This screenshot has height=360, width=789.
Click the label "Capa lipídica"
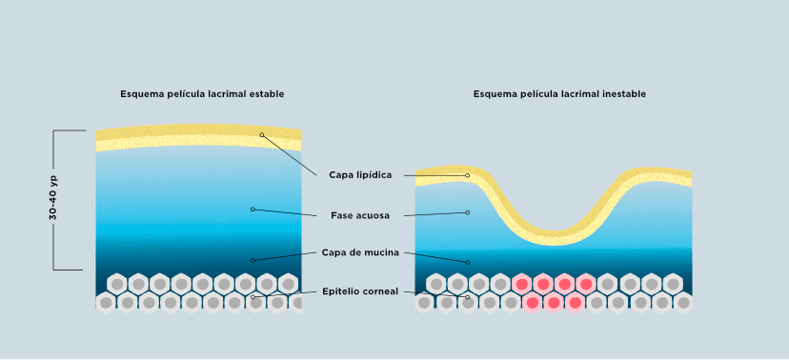pyautogui.click(x=360, y=175)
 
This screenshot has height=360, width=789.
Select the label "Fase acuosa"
pyautogui.click(x=360, y=215)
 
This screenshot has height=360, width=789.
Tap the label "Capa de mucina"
pyautogui.click(x=360, y=252)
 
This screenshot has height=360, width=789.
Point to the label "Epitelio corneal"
pyautogui.click(x=360, y=291)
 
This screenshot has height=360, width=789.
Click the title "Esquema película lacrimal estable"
pyautogui.click(x=202, y=94)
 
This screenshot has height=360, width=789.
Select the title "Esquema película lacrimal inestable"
pyautogui.click(x=559, y=94)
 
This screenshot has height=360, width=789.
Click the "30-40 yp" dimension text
pyautogui.click(x=53, y=197)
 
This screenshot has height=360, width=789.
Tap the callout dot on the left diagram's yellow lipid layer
pyautogui.click(x=262, y=134)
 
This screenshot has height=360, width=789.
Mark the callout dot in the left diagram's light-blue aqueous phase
pyautogui.click(x=253, y=210)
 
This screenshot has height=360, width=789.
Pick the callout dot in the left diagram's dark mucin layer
pyautogui.click(x=253, y=260)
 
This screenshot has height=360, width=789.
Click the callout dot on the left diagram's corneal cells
pyautogui.click(x=253, y=297)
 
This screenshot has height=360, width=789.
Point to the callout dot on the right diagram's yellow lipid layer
pyautogui.click(x=468, y=175)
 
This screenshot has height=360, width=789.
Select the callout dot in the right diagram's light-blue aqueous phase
pyautogui.click(x=468, y=212)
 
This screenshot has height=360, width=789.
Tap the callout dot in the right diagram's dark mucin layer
pyautogui.click(x=468, y=263)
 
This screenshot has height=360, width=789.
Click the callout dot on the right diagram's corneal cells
pyautogui.click(x=468, y=297)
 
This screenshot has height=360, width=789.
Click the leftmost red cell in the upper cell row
pyautogui.click(x=522, y=284)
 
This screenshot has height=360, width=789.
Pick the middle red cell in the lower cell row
pyautogui.click(x=554, y=303)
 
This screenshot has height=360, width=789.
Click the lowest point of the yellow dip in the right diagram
pyautogui.click(x=554, y=246)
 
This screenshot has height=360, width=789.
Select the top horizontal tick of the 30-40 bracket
pyautogui.click(x=69, y=130)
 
